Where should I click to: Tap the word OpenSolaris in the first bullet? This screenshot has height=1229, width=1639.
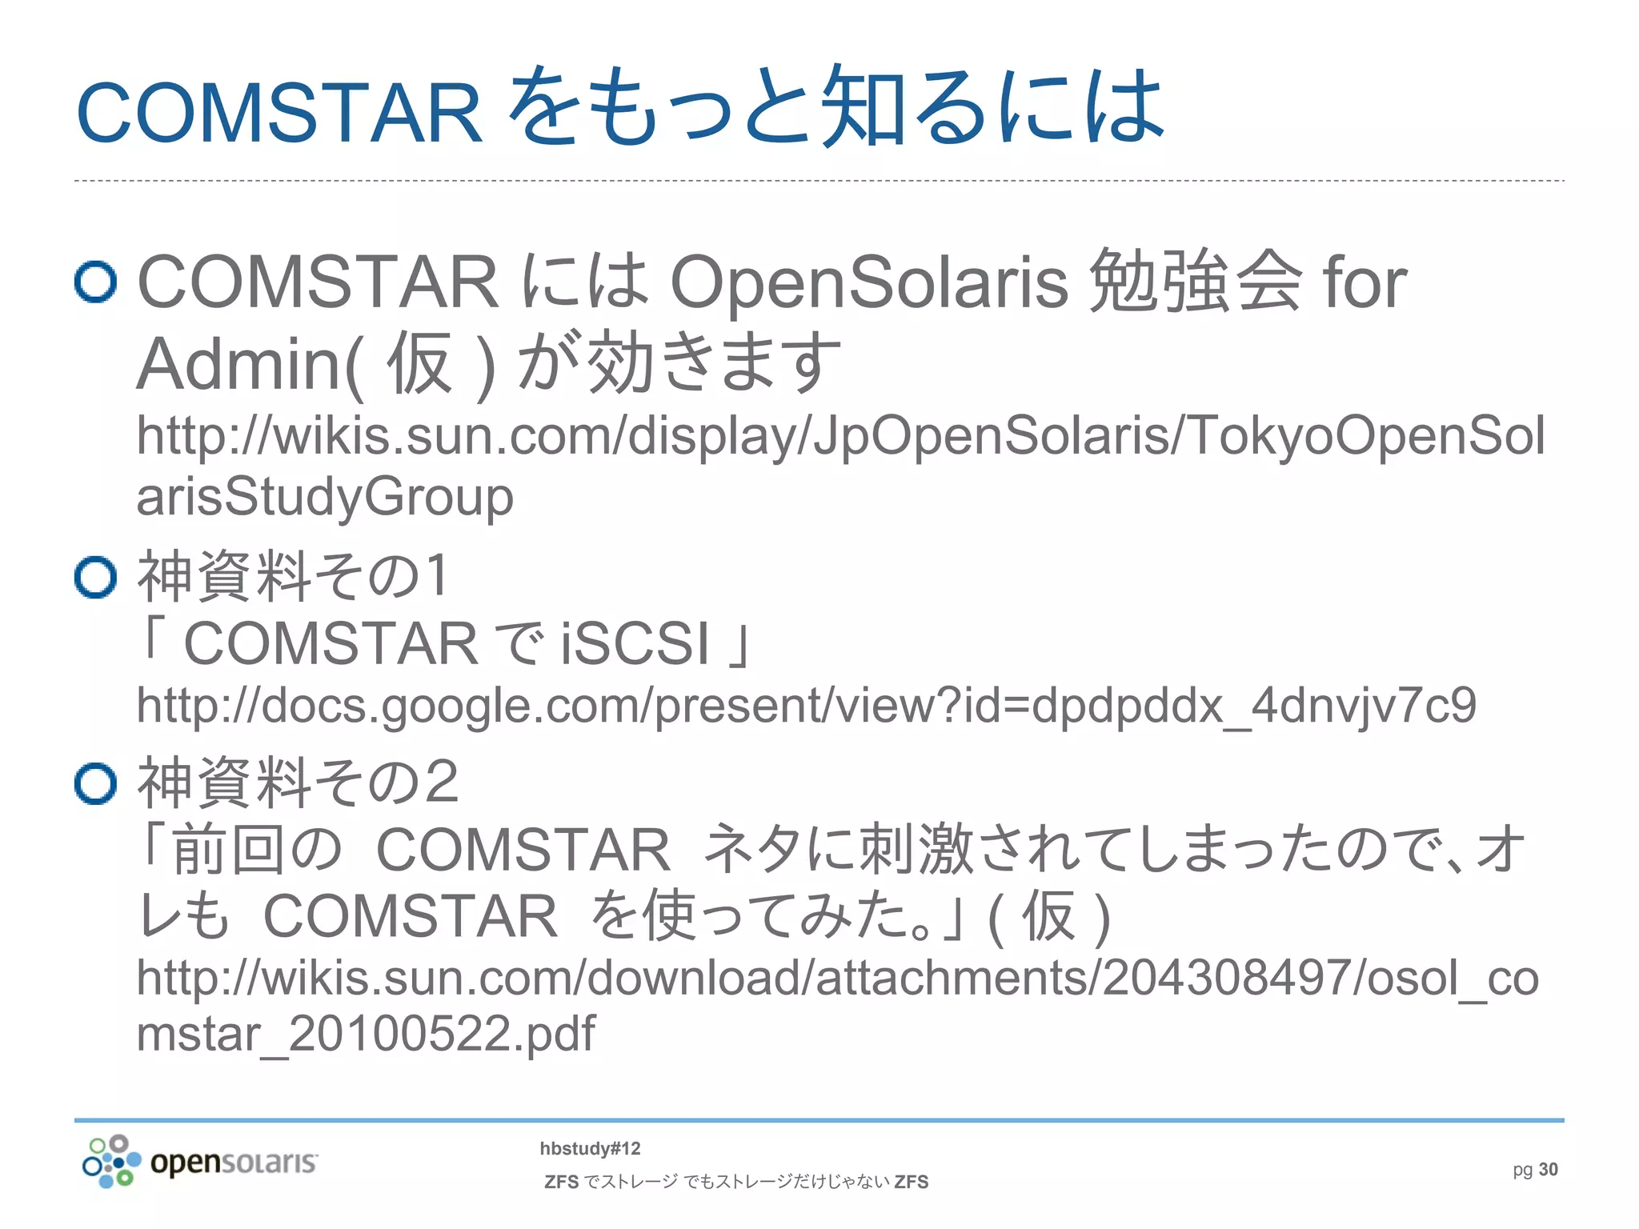(x=869, y=282)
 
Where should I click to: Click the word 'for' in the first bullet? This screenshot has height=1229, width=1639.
(x=1364, y=282)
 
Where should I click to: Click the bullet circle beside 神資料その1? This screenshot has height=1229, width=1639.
(x=96, y=577)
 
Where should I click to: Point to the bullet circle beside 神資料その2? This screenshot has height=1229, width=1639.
(x=96, y=783)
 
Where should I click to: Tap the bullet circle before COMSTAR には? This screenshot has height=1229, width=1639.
(x=96, y=282)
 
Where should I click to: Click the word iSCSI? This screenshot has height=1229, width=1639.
(x=635, y=643)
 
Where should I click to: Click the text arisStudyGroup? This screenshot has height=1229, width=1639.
(x=325, y=497)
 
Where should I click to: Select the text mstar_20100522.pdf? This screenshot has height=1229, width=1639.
(x=366, y=1033)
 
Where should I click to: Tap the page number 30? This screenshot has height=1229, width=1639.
(x=1548, y=1170)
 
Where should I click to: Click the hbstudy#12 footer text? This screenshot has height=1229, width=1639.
(x=590, y=1149)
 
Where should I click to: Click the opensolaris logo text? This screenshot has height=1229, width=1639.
(x=234, y=1162)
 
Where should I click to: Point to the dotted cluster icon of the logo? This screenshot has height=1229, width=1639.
(x=111, y=1161)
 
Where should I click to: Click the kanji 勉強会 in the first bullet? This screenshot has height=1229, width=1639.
(x=1196, y=281)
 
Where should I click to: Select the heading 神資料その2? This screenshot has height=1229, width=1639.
(x=298, y=782)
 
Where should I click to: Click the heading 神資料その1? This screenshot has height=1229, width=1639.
(x=293, y=575)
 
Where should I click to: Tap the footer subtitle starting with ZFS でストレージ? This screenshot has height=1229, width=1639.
(x=735, y=1182)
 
